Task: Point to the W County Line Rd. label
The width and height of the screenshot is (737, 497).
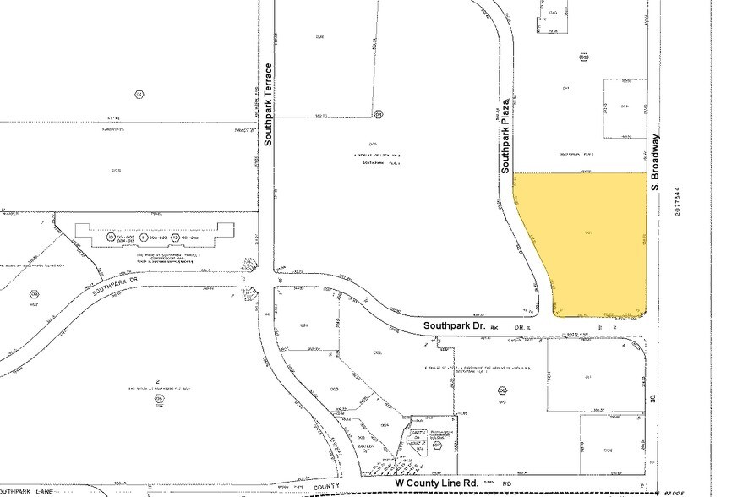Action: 438,483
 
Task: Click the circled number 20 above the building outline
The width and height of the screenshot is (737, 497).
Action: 111,238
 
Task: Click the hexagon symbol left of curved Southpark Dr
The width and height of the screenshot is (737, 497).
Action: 34,294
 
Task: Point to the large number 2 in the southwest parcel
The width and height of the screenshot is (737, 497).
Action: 158,382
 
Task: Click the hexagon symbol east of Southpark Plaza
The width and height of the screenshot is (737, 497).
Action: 583,57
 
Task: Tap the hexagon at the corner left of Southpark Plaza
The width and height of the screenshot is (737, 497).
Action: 379,113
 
